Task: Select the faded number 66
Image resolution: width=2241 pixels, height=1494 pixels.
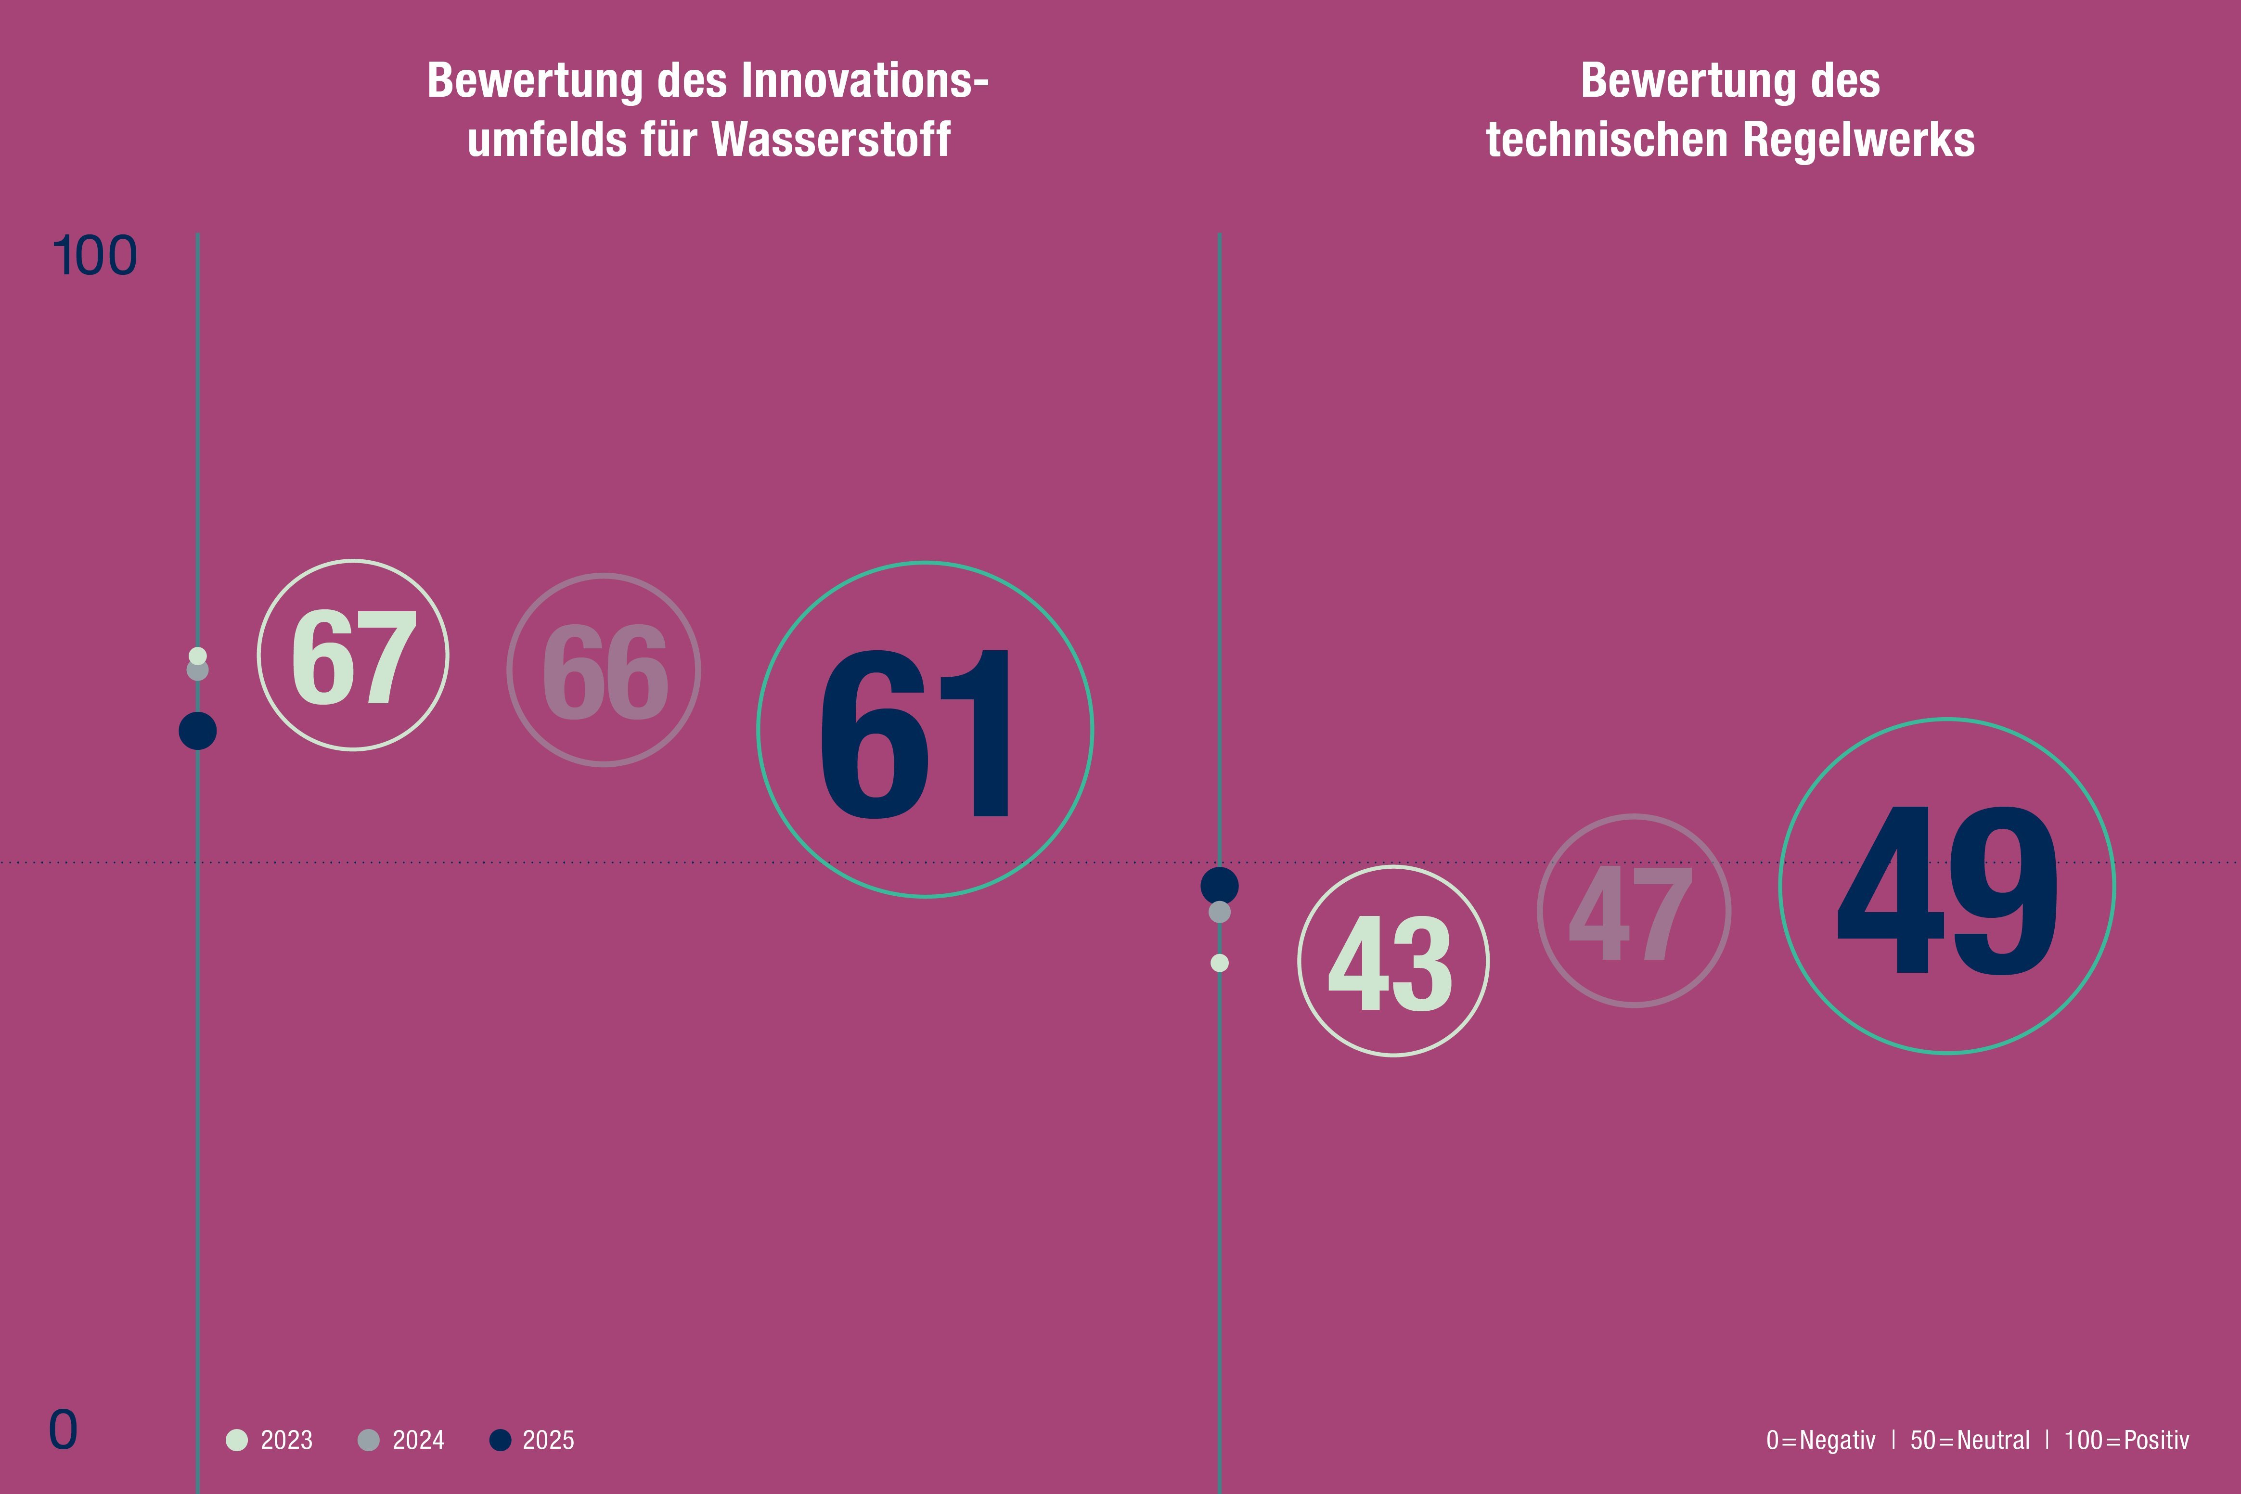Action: [604, 672]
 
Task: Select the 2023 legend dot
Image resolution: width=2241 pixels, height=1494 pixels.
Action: [236, 1440]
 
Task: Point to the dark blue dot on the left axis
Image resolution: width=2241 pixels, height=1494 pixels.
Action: [197, 731]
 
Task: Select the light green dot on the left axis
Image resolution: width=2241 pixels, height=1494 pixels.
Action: [197, 656]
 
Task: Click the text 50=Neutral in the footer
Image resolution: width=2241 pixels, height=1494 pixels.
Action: [1970, 1440]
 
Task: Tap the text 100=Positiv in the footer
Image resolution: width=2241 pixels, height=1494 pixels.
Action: [2126, 1440]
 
